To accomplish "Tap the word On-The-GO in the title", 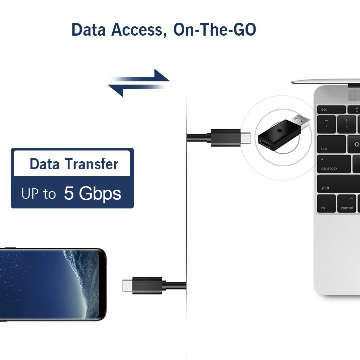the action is [215, 30].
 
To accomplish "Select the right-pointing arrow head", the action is [162, 75].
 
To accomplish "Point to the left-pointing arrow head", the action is [116, 90].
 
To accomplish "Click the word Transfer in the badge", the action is [91, 164].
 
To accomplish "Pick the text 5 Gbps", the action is [92, 193].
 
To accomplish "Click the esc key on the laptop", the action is [331, 109].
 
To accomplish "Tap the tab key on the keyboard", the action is [331, 144].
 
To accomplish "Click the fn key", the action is [326, 204].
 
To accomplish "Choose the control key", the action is [346, 204].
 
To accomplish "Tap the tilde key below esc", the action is [326, 124].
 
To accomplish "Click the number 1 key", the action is [346, 124].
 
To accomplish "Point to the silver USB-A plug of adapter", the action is [301, 121].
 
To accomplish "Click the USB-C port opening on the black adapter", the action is [266, 142].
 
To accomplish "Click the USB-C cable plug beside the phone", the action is [142, 285].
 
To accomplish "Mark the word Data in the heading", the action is [89, 30].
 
